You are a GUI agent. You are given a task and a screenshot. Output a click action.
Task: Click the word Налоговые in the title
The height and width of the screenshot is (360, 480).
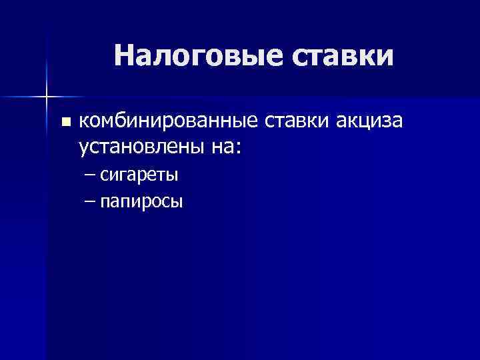[x=198, y=56]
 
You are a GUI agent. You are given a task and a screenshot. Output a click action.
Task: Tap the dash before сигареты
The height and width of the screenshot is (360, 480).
[x=91, y=175]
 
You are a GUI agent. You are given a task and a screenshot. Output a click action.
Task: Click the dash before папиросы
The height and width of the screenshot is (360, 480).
[x=91, y=201]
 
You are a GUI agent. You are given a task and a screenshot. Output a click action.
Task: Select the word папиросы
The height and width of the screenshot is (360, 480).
[x=141, y=201]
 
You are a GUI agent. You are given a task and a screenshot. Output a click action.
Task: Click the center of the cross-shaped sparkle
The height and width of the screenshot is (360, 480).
[x=47, y=97]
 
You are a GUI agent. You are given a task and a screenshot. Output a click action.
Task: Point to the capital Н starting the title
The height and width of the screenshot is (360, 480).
[x=124, y=56]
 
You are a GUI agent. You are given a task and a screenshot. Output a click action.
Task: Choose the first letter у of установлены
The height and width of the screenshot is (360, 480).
[x=83, y=148]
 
